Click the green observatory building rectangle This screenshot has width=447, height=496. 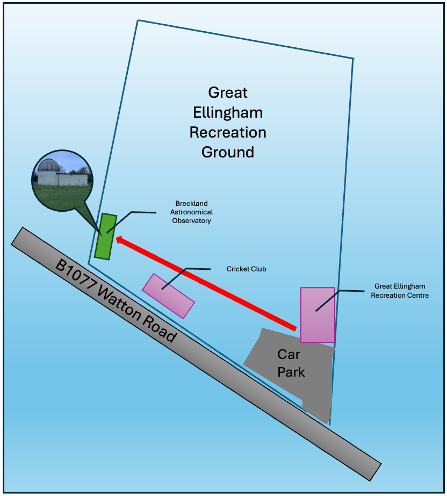[105, 236]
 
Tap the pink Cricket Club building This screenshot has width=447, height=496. [168, 296]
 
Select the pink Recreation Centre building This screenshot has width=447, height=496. [318, 315]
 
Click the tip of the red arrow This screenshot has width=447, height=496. [118, 240]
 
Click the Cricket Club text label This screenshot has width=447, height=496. [246, 269]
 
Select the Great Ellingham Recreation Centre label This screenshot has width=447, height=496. [400, 291]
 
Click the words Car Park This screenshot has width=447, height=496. [291, 363]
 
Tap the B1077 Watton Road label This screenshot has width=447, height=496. [116, 301]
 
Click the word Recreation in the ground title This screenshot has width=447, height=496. [228, 132]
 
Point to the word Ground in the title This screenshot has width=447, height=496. [228, 152]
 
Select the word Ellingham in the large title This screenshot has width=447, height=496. [228, 112]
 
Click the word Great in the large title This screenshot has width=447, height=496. [228, 92]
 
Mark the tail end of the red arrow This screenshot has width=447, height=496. [294, 327]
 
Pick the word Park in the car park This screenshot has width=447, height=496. [291, 371]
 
